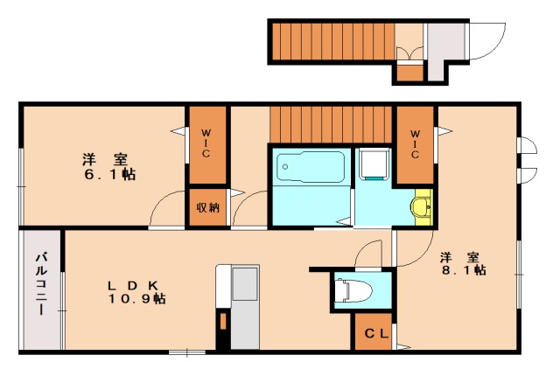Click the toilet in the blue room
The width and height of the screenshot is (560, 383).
[353, 289]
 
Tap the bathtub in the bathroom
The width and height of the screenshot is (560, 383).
[311, 167]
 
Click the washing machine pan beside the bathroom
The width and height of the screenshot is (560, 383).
[374, 164]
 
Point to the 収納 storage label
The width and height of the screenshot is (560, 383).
[208, 207]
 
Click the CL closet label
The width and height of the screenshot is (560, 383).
[376, 333]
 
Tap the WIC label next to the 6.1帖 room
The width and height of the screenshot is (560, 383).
[206, 143]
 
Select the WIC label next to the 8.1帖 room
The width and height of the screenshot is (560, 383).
[415, 144]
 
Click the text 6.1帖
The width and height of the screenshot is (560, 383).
[109, 175]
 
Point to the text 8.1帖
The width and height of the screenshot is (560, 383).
[464, 270]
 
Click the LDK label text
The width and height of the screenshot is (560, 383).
[133, 286]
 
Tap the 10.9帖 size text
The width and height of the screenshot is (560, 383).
[136, 298]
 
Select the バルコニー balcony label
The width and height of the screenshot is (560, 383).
[42, 284]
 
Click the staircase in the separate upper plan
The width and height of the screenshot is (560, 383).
[333, 41]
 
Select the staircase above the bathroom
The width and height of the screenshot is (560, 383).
[331, 124]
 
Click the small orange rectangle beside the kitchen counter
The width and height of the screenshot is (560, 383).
[223, 321]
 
